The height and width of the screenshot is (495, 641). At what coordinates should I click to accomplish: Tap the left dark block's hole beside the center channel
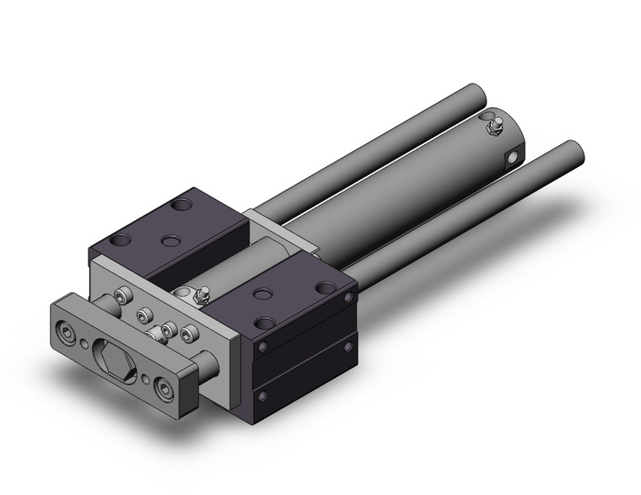[171, 241]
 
